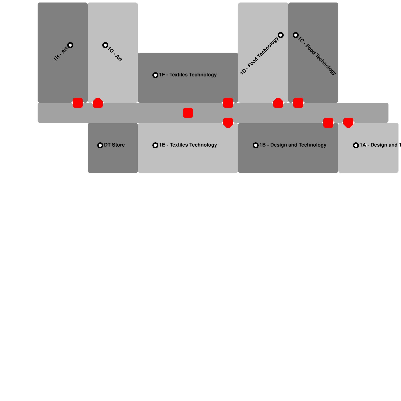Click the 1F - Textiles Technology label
pyautogui.click(x=188, y=75)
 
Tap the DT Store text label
pyautogui.click(x=114, y=145)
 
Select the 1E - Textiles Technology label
pyautogui.click(x=188, y=145)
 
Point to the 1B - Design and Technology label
pyautogui.click(x=293, y=145)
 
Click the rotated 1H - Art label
pyautogui.click(x=60, y=54)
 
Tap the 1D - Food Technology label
pyautogui.click(x=259, y=56)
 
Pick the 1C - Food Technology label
pyautogui.click(x=317, y=56)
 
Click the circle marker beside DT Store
pyautogui.click(x=100, y=145)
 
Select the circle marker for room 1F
pyautogui.click(x=155, y=75)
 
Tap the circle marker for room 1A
pyautogui.click(x=356, y=145)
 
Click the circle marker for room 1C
pyautogui.click(x=296, y=35)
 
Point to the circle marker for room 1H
pyautogui.click(x=70, y=45)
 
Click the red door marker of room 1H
pyautogui.click(x=78, y=103)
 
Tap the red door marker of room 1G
pyautogui.click(x=98, y=103)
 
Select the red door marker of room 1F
pyautogui.click(x=228, y=103)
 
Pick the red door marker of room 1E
pyautogui.click(x=228, y=123)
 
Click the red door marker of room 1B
pyautogui.click(x=328, y=123)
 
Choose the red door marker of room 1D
pyautogui.click(x=278, y=103)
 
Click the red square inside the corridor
pyautogui.click(x=188, y=113)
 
